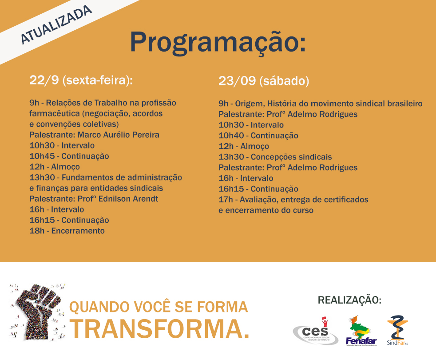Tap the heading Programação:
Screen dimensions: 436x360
tap(218, 42)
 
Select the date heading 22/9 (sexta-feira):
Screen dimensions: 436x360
tap(81, 80)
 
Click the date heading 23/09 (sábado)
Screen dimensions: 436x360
tap(264, 81)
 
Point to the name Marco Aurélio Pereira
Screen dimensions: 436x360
tap(119, 135)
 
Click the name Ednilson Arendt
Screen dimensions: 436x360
tap(128, 199)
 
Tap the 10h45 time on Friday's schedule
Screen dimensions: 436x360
tap(42, 156)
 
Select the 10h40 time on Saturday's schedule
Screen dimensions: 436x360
tap(231, 136)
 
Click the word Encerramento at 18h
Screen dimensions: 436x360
tap(78, 231)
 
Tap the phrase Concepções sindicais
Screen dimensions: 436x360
tap(291, 157)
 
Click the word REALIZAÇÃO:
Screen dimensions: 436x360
tap(349, 300)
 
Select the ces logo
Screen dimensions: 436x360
tap(316, 331)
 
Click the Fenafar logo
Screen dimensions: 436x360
tap(361, 331)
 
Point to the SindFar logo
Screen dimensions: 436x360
tap(397, 331)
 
